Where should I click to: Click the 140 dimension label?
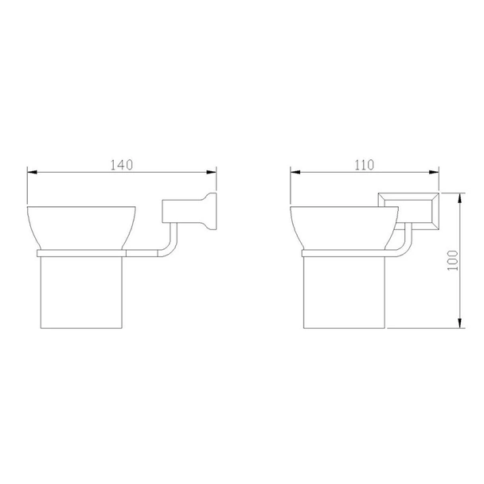click(x=122, y=165)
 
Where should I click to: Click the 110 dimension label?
click(x=364, y=165)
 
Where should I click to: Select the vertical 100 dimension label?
click(x=453, y=260)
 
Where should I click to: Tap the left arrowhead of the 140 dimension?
click(x=32, y=172)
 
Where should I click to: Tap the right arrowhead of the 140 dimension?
click(x=212, y=172)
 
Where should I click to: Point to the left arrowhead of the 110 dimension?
click(x=295, y=172)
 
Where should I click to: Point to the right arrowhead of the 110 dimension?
click(x=434, y=172)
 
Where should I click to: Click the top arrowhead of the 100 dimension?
click(x=459, y=198)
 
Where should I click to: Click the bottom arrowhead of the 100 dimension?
click(x=459, y=323)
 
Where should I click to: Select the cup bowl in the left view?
click(x=81, y=228)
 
